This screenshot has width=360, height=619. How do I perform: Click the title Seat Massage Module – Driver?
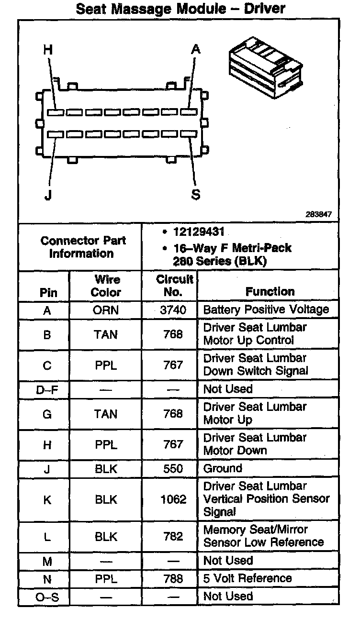point(180,8)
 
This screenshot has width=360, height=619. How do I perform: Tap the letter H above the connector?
point(48,49)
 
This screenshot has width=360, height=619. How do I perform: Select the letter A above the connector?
point(195,49)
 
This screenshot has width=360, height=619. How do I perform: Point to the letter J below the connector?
point(48,195)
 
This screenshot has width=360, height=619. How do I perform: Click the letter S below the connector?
point(196,195)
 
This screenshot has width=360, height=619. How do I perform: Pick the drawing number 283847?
point(319,215)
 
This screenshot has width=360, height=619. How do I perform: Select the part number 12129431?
point(199,232)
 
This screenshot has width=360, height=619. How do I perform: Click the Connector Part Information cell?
point(80,247)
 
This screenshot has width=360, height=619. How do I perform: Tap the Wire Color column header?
point(106,286)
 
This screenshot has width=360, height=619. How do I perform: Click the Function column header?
point(270,291)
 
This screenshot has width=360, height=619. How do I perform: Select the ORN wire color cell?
point(106,310)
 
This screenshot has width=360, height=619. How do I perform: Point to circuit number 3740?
point(173,310)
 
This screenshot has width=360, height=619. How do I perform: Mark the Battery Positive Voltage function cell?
point(266,309)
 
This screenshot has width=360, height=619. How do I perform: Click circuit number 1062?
point(173,499)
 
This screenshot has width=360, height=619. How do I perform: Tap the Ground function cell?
point(223,468)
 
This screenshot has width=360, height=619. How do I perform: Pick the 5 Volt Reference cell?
point(247,578)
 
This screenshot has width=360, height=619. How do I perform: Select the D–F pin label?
point(47,389)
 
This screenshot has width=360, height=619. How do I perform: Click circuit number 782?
point(173,536)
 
